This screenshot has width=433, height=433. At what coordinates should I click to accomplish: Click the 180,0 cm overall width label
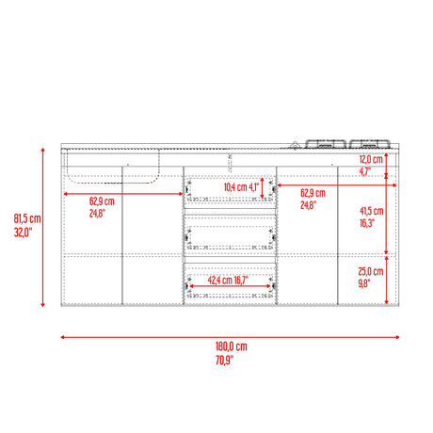pyautogui.click(x=232, y=346)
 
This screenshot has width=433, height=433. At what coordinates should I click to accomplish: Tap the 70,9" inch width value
pyautogui.click(x=225, y=360)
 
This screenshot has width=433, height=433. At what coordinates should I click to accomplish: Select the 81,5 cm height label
pyautogui.click(x=27, y=218)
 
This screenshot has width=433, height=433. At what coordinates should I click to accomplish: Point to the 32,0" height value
pyautogui.click(x=23, y=233)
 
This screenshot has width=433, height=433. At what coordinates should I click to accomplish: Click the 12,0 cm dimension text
pyautogui.click(x=371, y=159)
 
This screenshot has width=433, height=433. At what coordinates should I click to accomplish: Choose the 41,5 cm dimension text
pyautogui.click(x=372, y=211)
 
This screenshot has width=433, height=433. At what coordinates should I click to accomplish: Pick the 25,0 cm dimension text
pyautogui.click(x=371, y=271)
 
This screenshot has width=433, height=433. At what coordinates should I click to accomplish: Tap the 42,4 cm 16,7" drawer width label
pyautogui.click(x=228, y=280)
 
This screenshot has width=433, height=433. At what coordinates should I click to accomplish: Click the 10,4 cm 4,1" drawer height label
pyautogui.click(x=241, y=187)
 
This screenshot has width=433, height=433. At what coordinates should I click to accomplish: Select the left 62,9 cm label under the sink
pyautogui.click(x=102, y=201)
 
